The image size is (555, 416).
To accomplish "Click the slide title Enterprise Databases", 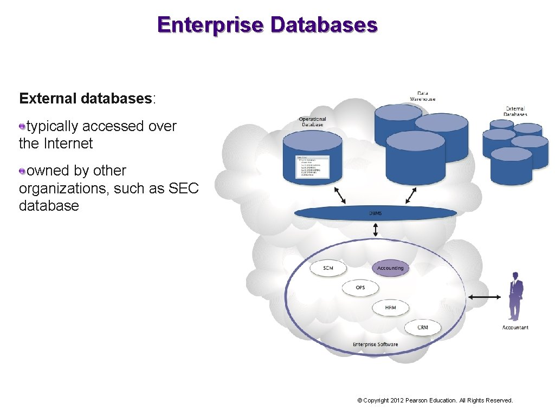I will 267,25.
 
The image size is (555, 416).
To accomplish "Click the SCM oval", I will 328,268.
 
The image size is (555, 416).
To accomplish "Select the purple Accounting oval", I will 390,268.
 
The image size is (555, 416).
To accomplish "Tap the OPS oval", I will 360,288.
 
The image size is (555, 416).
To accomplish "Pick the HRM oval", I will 390,308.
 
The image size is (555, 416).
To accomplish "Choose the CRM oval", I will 423,327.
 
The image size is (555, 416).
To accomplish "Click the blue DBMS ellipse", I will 376,213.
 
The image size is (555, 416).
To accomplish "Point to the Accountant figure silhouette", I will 515,297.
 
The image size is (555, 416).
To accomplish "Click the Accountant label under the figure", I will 515,328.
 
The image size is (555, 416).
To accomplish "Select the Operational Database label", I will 312,122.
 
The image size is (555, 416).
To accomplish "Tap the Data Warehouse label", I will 422,96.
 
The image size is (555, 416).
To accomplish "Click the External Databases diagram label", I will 515,111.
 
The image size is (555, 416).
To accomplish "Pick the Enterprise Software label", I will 375,344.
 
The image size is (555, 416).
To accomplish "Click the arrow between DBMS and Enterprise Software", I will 376,230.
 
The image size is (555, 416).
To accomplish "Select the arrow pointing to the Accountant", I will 485,297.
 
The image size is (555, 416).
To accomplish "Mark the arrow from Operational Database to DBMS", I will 340,195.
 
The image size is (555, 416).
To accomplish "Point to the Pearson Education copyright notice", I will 435,400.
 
